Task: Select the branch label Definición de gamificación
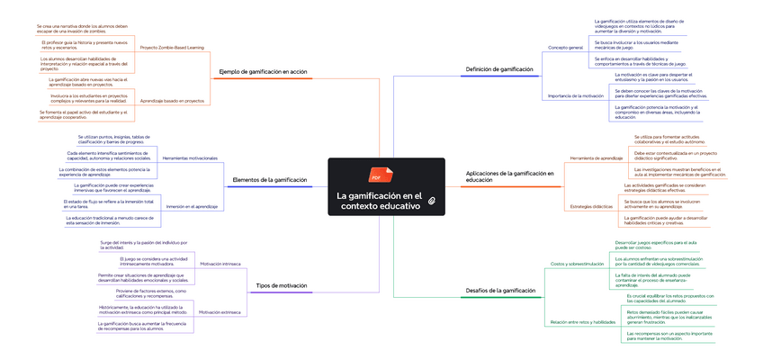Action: (499, 69)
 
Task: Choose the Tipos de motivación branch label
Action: (282, 285)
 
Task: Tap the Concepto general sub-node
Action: (566, 46)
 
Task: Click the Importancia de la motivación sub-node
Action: (575, 94)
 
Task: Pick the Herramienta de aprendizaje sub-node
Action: (597, 158)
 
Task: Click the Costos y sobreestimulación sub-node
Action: (577, 264)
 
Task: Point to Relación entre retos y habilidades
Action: (581, 321)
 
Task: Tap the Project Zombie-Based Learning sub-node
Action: (173, 47)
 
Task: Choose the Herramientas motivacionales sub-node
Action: (190, 158)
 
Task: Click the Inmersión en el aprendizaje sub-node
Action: (192, 207)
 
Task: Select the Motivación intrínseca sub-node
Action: (220, 264)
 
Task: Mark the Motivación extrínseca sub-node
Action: (220, 311)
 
